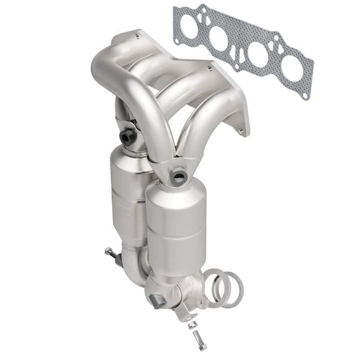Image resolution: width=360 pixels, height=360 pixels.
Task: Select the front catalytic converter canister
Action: (176, 223)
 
